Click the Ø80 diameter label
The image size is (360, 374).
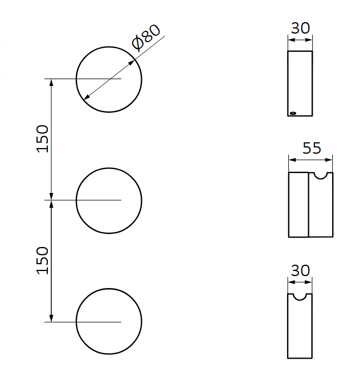146,38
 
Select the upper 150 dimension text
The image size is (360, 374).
43,138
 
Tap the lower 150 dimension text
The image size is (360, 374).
43,261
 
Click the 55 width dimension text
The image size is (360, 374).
312,149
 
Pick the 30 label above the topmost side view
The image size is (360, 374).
300,28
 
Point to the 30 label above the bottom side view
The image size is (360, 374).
300,270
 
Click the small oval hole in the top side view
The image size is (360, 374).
293,113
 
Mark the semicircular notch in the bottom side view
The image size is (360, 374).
300,296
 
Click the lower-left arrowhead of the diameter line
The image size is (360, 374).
86,98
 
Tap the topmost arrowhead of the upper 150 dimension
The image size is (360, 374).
52,82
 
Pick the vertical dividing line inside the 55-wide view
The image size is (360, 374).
308,205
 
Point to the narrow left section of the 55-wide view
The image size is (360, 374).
298,205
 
